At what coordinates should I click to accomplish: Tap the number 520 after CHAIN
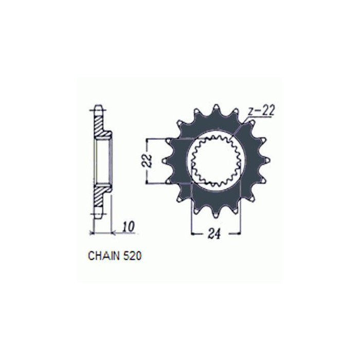(132, 256)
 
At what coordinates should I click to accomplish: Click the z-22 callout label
(261, 112)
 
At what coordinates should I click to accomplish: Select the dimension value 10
(128, 227)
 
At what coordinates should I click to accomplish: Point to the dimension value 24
(214, 234)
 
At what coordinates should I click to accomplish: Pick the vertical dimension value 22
(148, 160)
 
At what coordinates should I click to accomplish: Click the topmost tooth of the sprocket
(216, 109)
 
